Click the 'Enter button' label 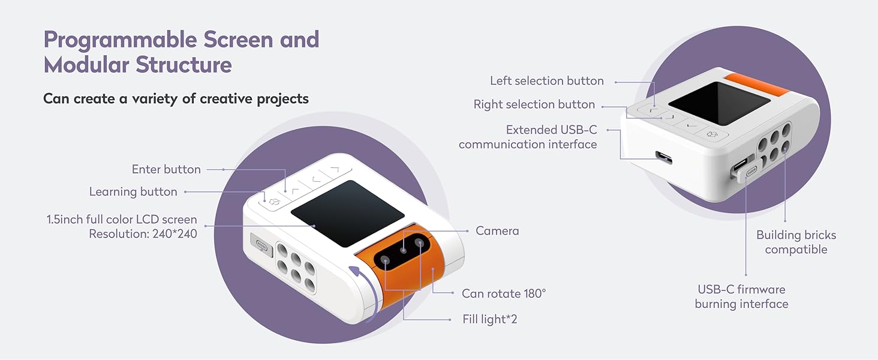(x=166, y=170)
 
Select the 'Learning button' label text (x=133, y=192)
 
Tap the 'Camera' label (x=497, y=231)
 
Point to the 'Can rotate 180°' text (x=504, y=294)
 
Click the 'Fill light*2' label (x=489, y=319)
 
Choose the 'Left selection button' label (x=546, y=81)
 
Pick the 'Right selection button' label (x=534, y=105)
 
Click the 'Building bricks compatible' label (x=796, y=242)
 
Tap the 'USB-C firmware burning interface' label (x=741, y=297)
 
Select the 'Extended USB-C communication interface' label (x=528, y=137)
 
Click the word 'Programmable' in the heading (x=120, y=41)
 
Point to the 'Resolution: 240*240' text (x=143, y=234)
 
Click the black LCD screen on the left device (x=348, y=213)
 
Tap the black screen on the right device (x=718, y=103)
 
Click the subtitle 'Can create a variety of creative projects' (x=176, y=99)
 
